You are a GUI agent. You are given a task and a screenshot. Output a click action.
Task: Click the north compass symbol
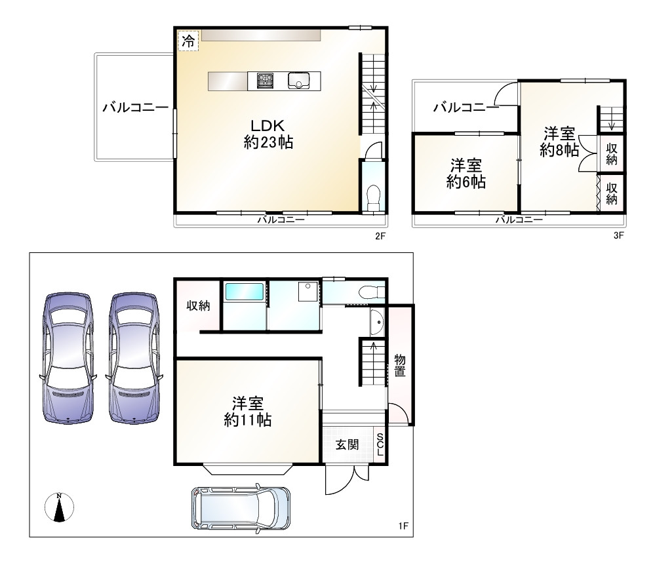[x=59, y=507]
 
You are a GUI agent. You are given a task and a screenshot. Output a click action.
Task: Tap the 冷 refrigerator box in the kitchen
[x=188, y=41]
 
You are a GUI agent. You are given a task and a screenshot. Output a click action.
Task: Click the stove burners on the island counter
[x=266, y=81]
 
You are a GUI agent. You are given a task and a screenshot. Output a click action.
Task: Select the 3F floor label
[x=618, y=236]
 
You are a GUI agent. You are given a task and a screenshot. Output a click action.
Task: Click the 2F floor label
[x=380, y=236]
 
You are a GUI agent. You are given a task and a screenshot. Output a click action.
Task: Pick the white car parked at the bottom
[x=240, y=508]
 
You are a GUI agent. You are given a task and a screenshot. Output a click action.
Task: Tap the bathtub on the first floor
[x=244, y=292]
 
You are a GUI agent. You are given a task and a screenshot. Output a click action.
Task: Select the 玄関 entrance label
[x=347, y=445]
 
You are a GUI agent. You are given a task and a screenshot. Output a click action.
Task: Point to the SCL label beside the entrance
[x=380, y=445]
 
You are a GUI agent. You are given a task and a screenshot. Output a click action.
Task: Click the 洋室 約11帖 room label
[x=247, y=411]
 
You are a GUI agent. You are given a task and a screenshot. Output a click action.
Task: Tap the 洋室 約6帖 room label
[x=466, y=174]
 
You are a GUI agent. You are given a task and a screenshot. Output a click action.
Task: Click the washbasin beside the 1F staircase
[x=376, y=322]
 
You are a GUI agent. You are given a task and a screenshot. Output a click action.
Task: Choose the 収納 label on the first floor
[x=197, y=305]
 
